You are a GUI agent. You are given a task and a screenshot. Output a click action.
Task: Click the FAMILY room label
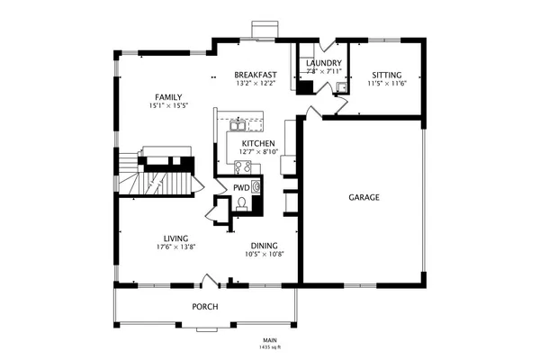pos(168,96)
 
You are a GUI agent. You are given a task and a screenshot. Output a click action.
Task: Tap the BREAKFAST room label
pos(255,75)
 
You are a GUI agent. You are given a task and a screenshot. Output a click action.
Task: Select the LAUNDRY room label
pos(323,62)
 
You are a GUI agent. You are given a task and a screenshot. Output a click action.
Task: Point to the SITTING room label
pos(387,75)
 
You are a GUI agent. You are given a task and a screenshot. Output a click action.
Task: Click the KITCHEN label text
pos(257,143)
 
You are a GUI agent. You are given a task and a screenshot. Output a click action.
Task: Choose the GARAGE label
pos(364,197)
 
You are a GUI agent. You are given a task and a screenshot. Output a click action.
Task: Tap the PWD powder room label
pos(241,187)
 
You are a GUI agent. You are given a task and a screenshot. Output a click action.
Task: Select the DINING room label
pos(265,245)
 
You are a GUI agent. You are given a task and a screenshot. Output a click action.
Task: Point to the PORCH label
pos(205,307)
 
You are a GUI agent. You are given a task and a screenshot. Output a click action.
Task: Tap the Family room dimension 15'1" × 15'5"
pos(168,106)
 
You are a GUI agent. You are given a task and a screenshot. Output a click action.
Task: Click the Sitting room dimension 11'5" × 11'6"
pos(387,84)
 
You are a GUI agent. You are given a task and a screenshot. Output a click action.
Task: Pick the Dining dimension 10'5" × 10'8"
pos(265,254)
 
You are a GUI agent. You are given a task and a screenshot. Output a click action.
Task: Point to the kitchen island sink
pos(239,121)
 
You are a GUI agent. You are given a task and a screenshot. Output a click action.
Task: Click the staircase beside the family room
pos(153,175)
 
